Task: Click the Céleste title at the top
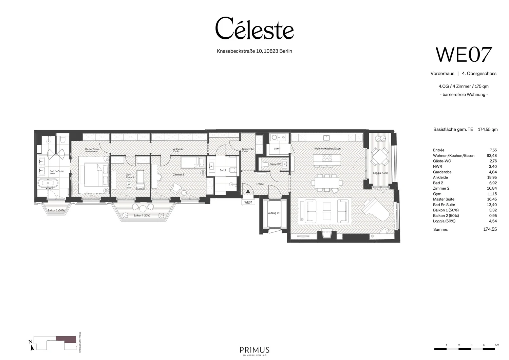254,29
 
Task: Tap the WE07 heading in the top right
464,55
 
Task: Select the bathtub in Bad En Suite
48,185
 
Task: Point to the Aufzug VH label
274,213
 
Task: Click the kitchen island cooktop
327,158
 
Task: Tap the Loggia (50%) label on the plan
380,173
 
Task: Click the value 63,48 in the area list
491,156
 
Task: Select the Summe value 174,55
490,229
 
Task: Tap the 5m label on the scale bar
497,345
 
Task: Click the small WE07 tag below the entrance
248,202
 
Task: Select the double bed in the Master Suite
93,175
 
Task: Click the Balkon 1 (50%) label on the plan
142,216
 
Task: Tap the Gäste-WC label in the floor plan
275,164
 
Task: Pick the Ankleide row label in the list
440,177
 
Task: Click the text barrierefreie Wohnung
464,95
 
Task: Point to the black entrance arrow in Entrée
248,192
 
